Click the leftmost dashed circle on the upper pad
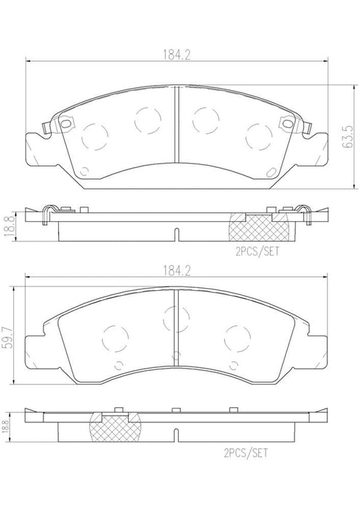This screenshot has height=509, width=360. click(95, 137)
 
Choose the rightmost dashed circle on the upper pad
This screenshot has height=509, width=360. click(260, 135)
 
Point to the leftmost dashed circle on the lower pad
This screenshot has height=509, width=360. click(115, 337)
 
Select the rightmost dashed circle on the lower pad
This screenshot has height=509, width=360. click(238, 336)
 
